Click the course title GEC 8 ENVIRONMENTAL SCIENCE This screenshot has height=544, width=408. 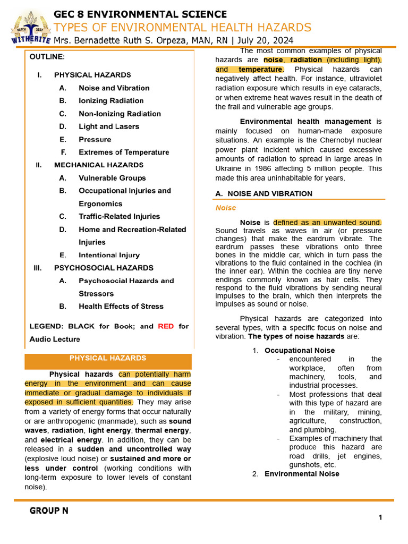pyautogui.click(x=140, y=14)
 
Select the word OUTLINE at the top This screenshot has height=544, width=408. pyautogui.click(x=47, y=56)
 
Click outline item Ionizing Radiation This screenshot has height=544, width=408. pyautogui.click(x=111, y=100)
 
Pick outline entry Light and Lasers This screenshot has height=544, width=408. pyautogui.click(x=109, y=126)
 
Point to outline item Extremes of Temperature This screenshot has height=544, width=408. pyautogui.click(x=124, y=152)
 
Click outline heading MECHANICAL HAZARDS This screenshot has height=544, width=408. pyautogui.click(x=99, y=165)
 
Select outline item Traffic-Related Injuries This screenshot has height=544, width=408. pyautogui.click(x=119, y=216)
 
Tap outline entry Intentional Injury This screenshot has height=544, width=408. pyautogui.click(x=109, y=255)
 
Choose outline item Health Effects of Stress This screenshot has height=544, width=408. pyautogui.click(x=121, y=306)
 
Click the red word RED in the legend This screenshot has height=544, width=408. pyautogui.click(x=166, y=326)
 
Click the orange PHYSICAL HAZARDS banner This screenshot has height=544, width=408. pyautogui.click(x=108, y=358)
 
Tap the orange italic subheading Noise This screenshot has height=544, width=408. pyautogui.click(x=226, y=208)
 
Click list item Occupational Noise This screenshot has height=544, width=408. pyautogui.click(x=300, y=350)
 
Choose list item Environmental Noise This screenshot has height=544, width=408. pyautogui.click(x=302, y=474)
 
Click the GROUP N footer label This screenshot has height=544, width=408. pyautogui.click(x=49, y=511)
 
